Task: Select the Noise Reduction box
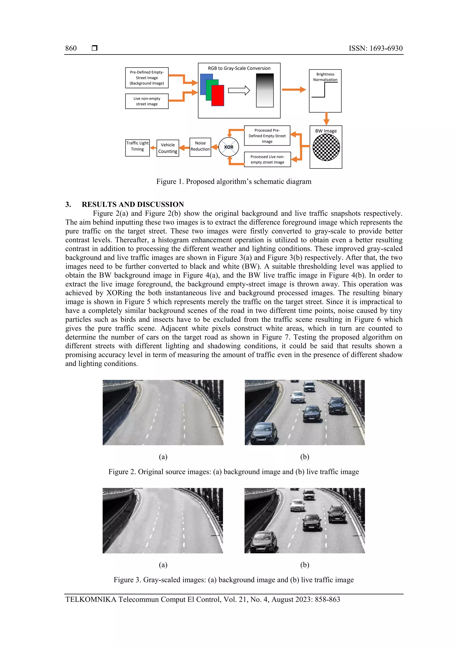click(200, 147)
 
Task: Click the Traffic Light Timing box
click(137, 148)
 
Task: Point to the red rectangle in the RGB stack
click(218, 96)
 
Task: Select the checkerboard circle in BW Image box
click(326, 147)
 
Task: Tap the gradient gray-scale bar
click(265, 90)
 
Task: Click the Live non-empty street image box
click(147, 101)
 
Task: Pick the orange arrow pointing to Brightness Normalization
click(293, 90)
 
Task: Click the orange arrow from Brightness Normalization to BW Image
click(326, 118)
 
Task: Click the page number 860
click(71, 48)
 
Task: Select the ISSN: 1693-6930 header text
click(375, 48)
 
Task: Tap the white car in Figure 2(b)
click(297, 397)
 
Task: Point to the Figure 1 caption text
click(234, 182)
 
